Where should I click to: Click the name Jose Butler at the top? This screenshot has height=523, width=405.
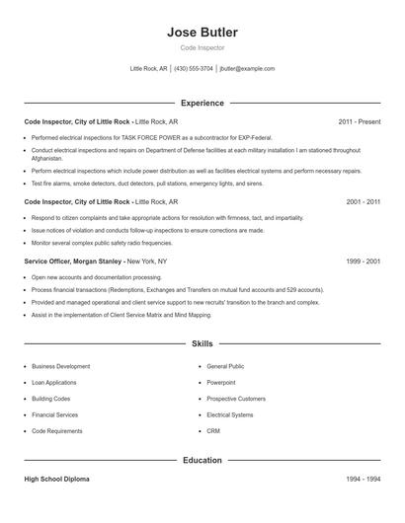pos(202,32)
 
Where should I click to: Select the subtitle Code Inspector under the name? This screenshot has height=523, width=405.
pos(202,47)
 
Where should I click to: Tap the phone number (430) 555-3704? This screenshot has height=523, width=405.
pos(194,69)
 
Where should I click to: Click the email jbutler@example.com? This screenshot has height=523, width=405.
pos(247,69)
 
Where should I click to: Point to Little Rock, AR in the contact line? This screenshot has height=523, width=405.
pos(149,69)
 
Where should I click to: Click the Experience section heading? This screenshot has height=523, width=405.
pos(202,103)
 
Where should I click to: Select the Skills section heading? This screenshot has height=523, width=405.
pos(202,344)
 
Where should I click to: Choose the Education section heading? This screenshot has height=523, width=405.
pos(202,460)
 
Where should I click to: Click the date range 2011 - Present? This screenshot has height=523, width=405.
pos(360,121)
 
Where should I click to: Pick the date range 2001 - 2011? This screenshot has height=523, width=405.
pos(364,201)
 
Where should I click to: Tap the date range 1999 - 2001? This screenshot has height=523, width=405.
pos(364,261)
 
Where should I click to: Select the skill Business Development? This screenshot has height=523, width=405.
pos(61,366)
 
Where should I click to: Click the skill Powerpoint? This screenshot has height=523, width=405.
pos(221,382)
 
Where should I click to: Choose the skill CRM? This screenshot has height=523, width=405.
pos(213,431)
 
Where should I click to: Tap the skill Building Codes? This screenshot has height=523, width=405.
pos(51,399)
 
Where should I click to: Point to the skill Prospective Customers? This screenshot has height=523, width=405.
pos(236,399)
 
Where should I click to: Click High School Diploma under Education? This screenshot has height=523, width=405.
pos(56,479)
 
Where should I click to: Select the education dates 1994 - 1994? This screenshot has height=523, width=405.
pos(364,479)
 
